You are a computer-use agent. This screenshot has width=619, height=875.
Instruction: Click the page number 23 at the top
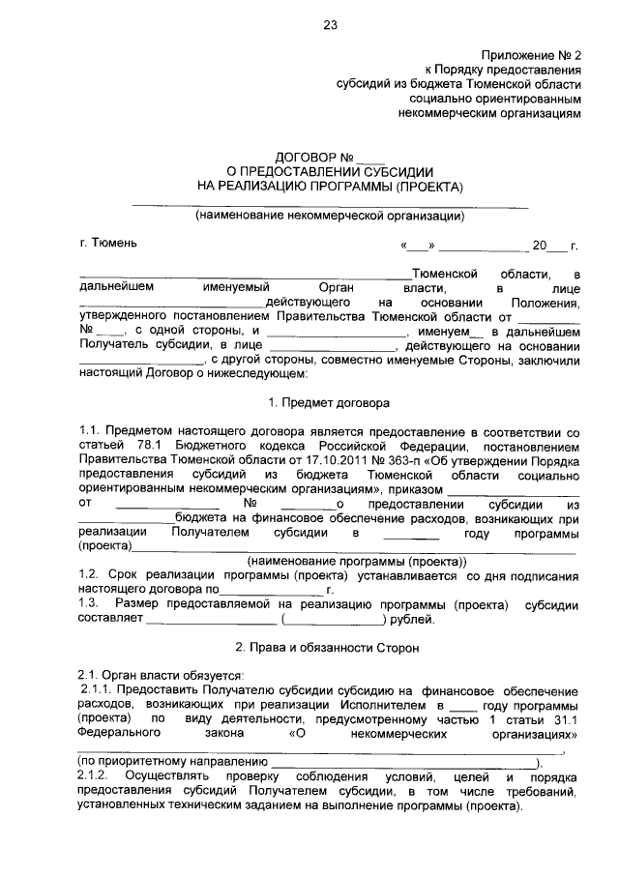coord(330,26)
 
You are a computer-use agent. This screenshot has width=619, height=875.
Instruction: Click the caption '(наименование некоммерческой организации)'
coord(330,216)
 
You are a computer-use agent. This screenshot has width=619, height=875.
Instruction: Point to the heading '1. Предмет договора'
coord(330,401)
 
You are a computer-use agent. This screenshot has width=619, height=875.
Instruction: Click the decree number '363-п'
coord(375,460)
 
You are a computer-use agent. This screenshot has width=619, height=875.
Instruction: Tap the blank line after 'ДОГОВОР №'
coord(371,157)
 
